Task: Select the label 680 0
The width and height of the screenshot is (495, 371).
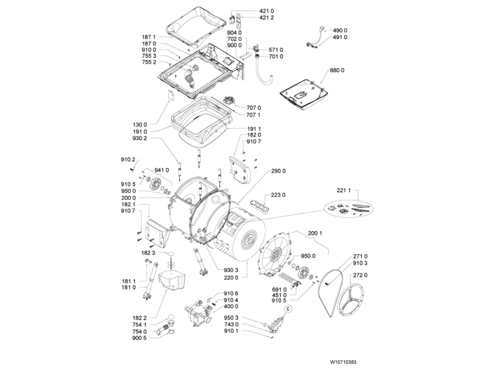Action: (337, 71)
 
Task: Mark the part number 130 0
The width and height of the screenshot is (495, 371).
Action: (140, 124)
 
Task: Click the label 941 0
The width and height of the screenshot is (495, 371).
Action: (161, 170)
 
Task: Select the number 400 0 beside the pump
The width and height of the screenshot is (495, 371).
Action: (231, 306)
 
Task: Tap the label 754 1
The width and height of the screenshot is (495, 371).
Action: (140, 324)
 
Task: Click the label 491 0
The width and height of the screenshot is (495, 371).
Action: (340, 37)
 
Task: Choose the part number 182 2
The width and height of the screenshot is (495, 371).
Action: (140, 317)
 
